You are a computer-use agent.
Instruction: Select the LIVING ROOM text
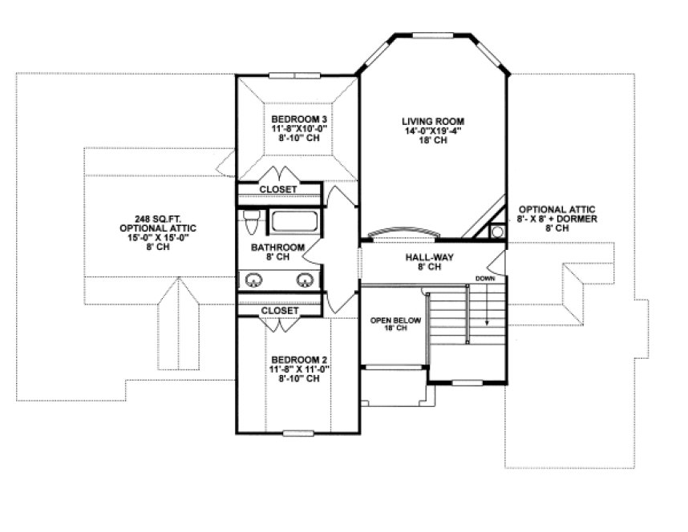[x=433, y=122]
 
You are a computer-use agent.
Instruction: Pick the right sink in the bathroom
[x=305, y=280]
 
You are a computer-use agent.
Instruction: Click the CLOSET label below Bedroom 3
[x=278, y=190]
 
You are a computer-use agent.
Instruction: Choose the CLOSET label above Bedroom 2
[x=279, y=310]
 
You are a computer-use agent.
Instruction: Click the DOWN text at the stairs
[x=484, y=279]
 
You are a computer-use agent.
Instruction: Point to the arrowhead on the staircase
[x=486, y=322]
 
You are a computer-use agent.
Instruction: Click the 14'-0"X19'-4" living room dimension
[x=433, y=131]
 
